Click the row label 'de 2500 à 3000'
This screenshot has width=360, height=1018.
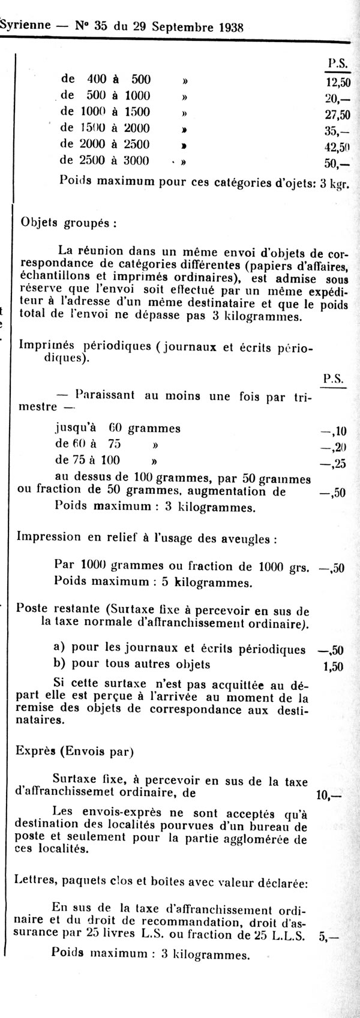point(106,160)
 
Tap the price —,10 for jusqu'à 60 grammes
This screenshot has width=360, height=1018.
point(334,431)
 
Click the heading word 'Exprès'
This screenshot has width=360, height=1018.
point(37,749)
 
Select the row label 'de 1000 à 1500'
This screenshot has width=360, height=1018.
point(106,112)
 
